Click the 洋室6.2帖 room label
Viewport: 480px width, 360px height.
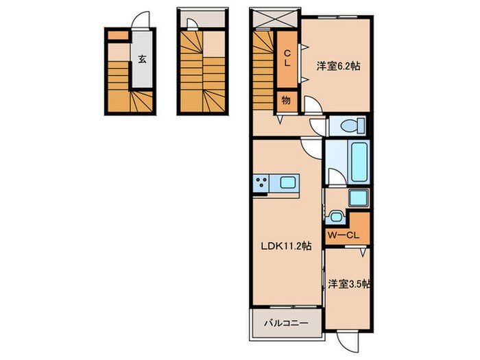[x=339, y=67]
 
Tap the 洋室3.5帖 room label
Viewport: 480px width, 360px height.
[x=348, y=283]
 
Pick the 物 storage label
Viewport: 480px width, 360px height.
[x=286, y=101]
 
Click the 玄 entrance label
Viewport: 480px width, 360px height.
[x=141, y=59]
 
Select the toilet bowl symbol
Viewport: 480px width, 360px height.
[x=350, y=126]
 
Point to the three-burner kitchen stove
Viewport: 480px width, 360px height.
[x=261, y=183]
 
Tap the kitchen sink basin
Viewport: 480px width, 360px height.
[x=287, y=183]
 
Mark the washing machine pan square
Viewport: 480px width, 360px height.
[x=359, y=199]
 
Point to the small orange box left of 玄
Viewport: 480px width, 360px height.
[x=117, y=34]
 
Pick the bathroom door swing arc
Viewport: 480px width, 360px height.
[x=335, y=177]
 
